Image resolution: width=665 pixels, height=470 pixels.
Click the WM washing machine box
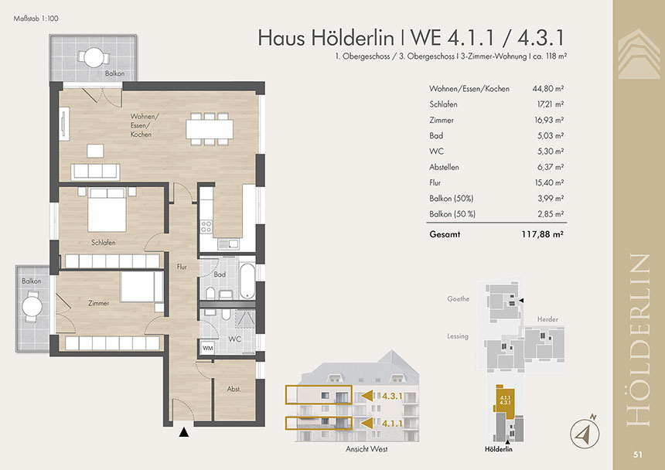pyautogui.click(x=208, y=348)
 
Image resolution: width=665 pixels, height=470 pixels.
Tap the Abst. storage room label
pyautogui.click(x=234, y=389)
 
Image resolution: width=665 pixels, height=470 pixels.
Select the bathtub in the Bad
pyautogui.click(x=247, y=281)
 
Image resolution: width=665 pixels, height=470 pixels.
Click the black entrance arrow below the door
pyautogui.click(x=183, y=432)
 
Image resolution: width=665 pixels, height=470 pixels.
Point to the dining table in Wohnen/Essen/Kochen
pyautogui.click(x=210, y=129)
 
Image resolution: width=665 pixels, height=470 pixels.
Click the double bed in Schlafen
pyautogui.click(x=107, y=209)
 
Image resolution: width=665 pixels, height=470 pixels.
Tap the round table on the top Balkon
pyautogui.click(x=94, y=58)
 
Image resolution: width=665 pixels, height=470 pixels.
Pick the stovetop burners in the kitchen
pyautogui.click(x=206, y=226)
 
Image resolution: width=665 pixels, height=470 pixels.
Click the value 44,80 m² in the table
pyautogui.click(x=548, y=89)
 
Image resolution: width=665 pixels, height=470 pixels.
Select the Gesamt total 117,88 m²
pyautogui.click(x=542, y=234)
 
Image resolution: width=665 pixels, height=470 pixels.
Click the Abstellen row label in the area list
pyautogui.click(x=444, y=167)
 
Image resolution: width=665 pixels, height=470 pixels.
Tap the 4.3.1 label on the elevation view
pyautogui.click(x=392, y=397)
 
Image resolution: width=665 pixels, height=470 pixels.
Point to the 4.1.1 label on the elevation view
pyautogui.click(x=392, y=423)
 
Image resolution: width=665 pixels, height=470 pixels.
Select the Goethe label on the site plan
pyautogui.click(x=458, y=299)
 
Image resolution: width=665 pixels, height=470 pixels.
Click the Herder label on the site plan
pyautogui.click(x=547, y=319)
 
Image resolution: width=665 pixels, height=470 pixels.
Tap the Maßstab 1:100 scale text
pyautogui.click(x=36, y=19)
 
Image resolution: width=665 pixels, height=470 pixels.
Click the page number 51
pyautogui.click(x=638, y=455)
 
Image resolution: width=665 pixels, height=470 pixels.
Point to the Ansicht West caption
pyautogui.click(x=367, y=449)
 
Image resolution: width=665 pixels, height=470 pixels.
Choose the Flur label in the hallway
pyautogui.click(x=182, y=267)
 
